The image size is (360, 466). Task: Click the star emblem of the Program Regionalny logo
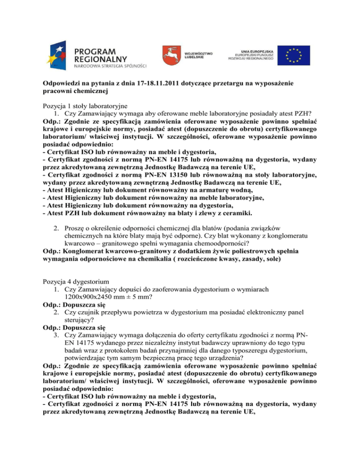pos(58,53)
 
